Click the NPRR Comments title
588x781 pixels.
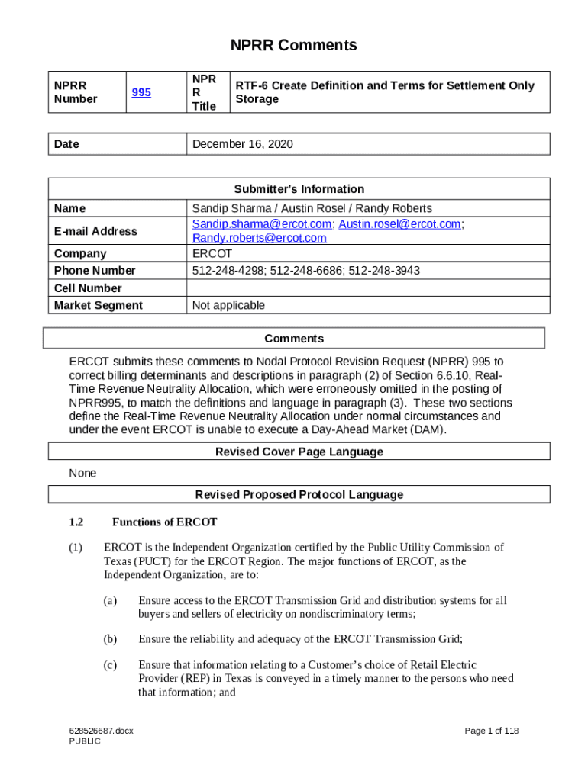(295, 45)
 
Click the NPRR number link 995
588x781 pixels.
(141, 92)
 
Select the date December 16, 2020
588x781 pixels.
(242, 144)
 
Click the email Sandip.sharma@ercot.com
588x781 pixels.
(262, 224)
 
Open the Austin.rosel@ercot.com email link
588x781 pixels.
(399, 224)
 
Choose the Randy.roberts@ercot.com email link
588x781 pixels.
(259, 238)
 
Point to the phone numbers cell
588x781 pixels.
(305, 271)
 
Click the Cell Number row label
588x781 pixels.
(88, 288)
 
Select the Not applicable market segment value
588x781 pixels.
(228, 306)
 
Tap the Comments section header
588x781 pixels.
(294, 339)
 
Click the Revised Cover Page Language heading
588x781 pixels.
(299, 452)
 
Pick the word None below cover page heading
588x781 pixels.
(82, 473)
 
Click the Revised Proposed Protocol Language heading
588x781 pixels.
(299, 494)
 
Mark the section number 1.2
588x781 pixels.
(75, 522)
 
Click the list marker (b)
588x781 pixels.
(110, 639)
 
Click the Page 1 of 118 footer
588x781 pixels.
(492, 731)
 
